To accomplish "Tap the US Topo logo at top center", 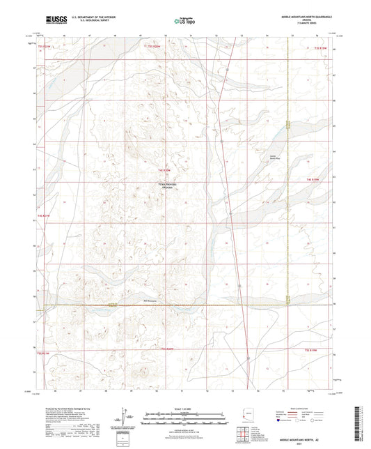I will click(184, 21).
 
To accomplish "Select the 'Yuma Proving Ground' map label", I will click(167, 187).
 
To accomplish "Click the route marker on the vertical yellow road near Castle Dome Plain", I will click(287, 125).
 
